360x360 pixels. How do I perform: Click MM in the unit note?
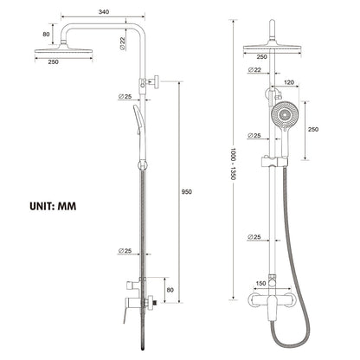point(76,208)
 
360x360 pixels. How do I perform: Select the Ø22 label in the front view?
point(256,69)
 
